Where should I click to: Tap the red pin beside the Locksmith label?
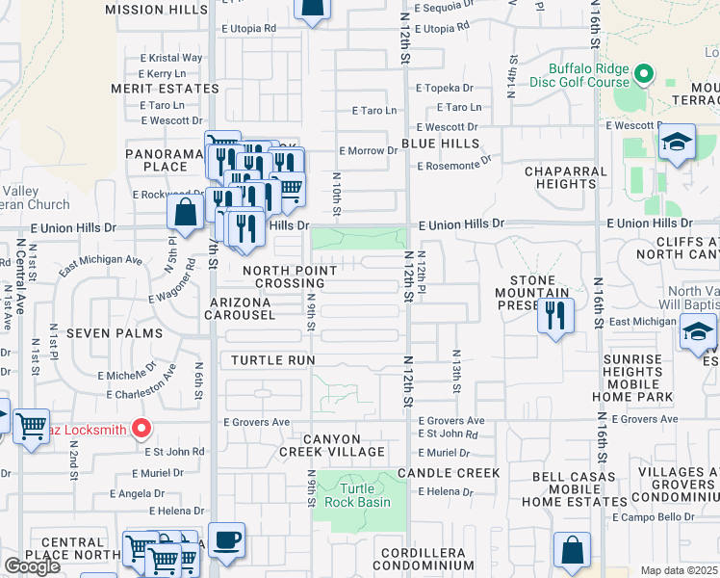(141, 429)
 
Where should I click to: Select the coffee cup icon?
(226, 541)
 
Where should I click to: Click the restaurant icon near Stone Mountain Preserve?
(555, 316)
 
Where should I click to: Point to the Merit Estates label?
(166, 89)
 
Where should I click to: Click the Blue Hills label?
(440, 144)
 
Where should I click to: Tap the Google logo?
(32, 566)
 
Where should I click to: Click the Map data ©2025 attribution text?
(679, 570)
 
